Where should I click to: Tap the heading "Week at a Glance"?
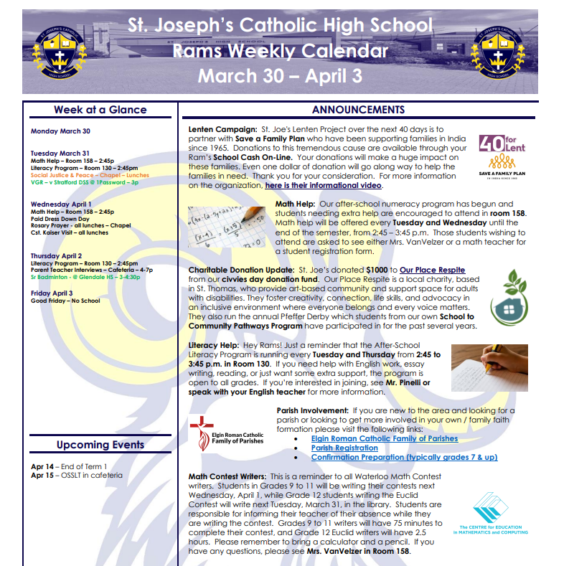point(100,110)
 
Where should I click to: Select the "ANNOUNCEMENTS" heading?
point(358,110)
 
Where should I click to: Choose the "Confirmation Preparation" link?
point(404,458)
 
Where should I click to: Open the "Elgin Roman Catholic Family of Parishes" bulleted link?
point(384,439)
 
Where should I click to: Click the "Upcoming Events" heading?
point(100,445)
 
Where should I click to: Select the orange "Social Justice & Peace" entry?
point(90,175)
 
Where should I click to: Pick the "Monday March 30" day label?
point(60,131)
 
